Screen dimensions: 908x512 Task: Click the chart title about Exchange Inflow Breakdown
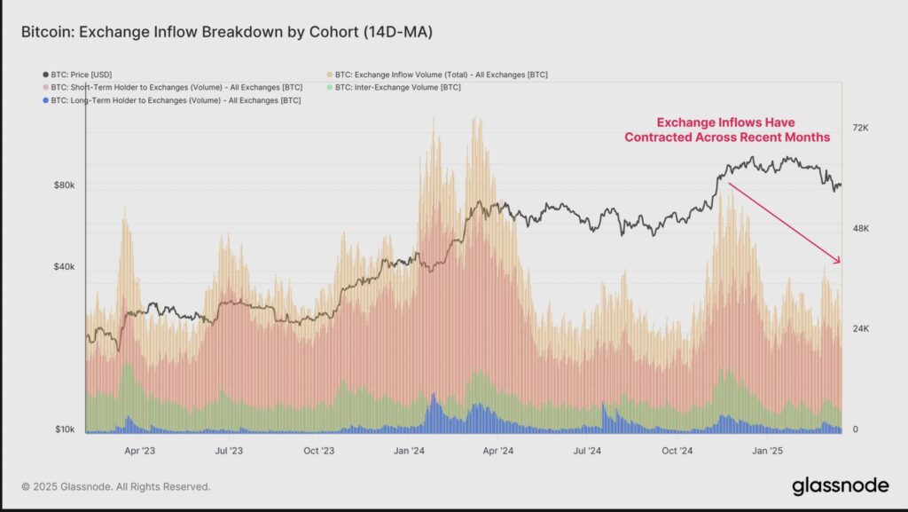227,32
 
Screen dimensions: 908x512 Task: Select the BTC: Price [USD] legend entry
77,75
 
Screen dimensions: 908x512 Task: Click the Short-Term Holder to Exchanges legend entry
173,88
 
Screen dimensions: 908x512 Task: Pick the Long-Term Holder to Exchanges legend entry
172,100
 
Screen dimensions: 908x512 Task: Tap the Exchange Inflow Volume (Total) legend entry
437,75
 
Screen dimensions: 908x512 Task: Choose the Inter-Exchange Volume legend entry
394,88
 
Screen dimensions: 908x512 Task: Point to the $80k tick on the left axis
64,185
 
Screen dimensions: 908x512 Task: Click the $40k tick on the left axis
64,267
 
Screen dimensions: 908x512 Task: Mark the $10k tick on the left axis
65,429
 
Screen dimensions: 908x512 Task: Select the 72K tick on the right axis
860,128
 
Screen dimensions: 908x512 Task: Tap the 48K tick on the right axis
860,229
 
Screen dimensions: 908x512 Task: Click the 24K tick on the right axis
860,329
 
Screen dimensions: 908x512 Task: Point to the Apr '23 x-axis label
139,451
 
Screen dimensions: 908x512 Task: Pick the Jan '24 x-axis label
409,451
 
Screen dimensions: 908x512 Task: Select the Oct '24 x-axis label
677,451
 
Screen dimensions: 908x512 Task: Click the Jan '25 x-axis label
767,451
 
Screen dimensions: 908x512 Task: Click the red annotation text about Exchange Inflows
727,130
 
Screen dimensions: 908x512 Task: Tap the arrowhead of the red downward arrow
838,261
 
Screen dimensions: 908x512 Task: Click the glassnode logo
841,486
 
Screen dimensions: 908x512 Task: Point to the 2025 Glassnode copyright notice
116,487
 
